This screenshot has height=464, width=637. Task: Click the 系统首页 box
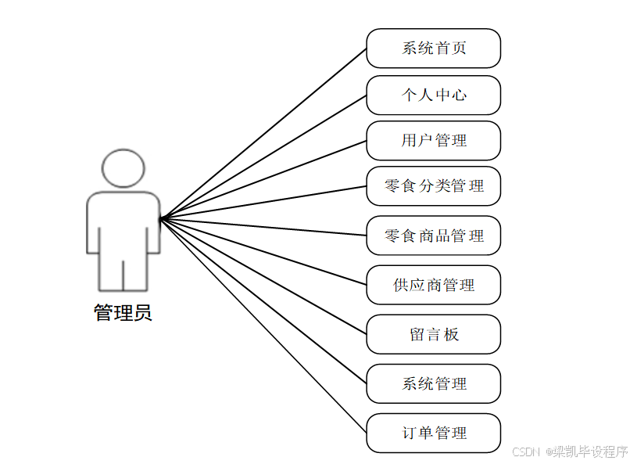click(433, 49)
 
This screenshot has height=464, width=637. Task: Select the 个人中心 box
click(433, 95)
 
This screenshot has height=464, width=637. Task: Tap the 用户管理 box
click(433, 141)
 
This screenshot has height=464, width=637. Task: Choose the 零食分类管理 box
click(433, 186)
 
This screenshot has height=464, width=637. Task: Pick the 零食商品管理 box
click(433, 236)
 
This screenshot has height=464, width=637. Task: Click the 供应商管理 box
click(433, 285)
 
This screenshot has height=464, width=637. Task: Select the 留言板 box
click(433, 334)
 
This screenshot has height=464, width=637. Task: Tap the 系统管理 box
click(433, 383)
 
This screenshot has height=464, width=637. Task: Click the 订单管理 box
click(433, 433)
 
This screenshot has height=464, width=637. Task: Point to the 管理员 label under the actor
click(123, 314)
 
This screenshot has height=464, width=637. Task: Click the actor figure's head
click(123, 169)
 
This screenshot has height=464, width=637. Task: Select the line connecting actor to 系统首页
click(263, 133)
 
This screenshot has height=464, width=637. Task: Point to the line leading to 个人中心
click(263, 156)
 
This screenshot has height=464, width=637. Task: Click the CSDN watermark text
click(570, 451)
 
